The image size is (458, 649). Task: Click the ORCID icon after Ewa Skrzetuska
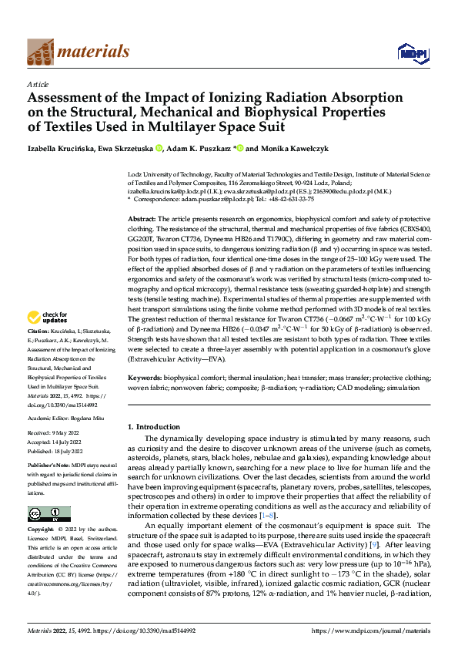(x=159, y=148)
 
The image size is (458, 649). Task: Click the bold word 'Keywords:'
(x=145, y=378)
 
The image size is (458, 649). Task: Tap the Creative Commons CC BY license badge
(x=48, y=514)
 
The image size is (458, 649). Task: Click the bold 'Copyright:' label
(x=42, y=530)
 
